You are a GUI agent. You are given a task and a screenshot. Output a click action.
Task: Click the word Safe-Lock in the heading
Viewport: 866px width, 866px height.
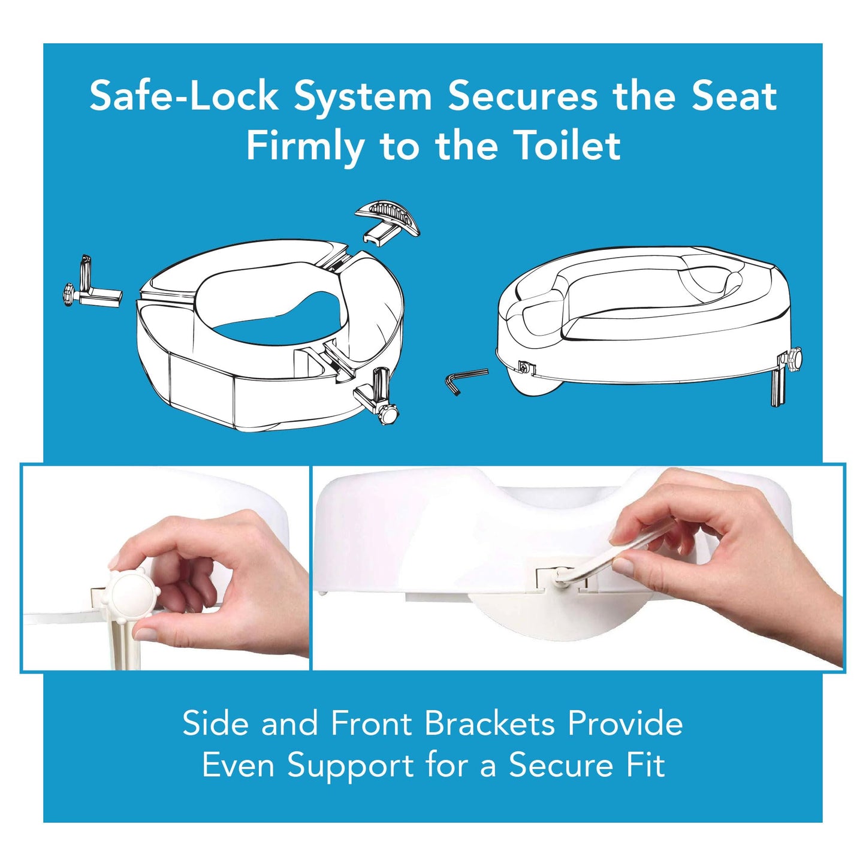[x=184, y=96]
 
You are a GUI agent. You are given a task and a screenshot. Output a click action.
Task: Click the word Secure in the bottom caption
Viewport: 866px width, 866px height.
[x=560, y=765]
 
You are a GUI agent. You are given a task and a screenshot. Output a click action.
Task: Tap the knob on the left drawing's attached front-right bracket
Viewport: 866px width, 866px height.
[x=390, y=414]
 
